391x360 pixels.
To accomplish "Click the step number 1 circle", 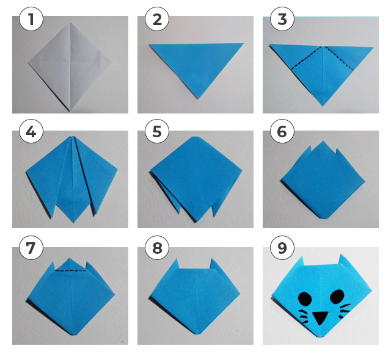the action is coord(31,19).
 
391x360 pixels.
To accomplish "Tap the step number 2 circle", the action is coord(157,19).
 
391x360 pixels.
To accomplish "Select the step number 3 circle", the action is coord(282,19).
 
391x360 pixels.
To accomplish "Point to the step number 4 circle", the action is coord(31,131).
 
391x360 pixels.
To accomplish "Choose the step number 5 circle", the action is coord(157,131).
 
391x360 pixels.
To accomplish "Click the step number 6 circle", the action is coord(282,131).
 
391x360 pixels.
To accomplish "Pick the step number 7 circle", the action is coord(31,248).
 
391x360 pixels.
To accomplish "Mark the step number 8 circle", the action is coord(157,248).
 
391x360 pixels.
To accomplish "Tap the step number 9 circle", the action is coord(282,248).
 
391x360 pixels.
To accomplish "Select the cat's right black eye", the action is coord(337,297).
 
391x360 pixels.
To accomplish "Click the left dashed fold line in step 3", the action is coord(306,58).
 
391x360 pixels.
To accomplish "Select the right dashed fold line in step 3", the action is coord(339,59).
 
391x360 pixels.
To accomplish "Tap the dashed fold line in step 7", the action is coord(71,270).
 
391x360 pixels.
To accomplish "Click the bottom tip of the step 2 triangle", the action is coord(198,99).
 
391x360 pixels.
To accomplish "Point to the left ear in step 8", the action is coord(176,264).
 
